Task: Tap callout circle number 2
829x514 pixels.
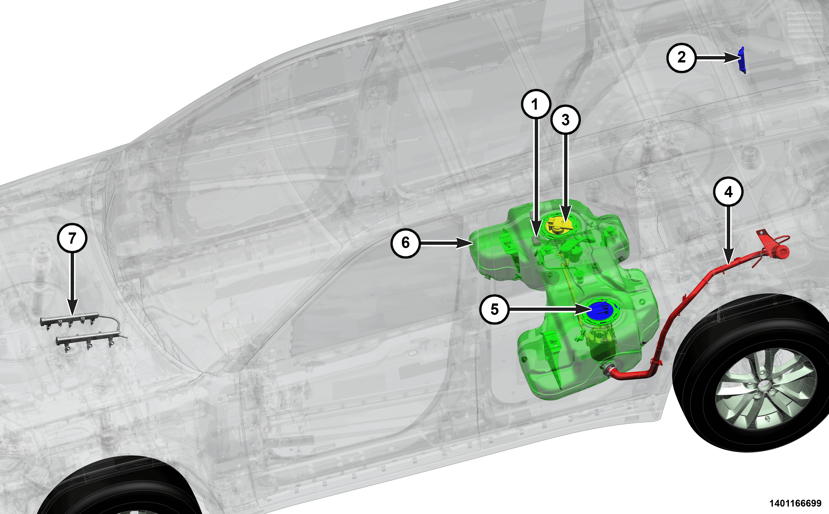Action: (681, 57)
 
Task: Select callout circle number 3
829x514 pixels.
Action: (566, 120)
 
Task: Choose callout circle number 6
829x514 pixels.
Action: (405, 243)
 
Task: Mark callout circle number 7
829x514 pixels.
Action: (72, 238)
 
